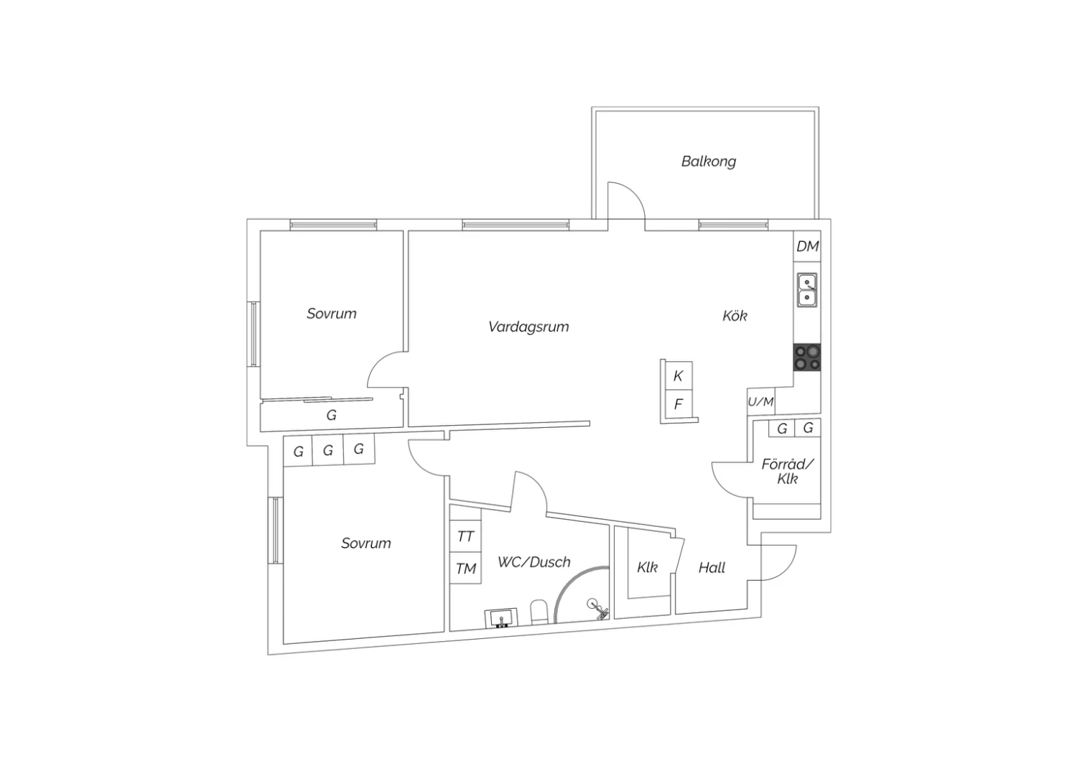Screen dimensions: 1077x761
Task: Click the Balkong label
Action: pyautogui.click(x=708, y=162)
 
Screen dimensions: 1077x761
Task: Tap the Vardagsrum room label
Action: pyautogui.click(x=528, y=327)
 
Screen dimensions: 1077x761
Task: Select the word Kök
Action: pyautogui.click(x=735, y=316)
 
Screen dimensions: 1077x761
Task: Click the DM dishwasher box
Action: pyautogui.click(x=807, y=246)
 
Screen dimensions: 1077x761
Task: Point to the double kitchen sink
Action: pyautogui.click(x=807, y=290)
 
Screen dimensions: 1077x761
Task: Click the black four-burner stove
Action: pyautogui.click(x=807, y=358)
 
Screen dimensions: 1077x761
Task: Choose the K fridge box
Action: pyautogui.click(x=679, y=375)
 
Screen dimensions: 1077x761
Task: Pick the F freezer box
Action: pyautogui.click(x=679, y=403)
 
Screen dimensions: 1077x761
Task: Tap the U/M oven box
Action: pyautogui.click(x=761, y=401)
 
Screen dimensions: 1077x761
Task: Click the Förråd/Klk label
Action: pyautogui.click(x=788, y=472)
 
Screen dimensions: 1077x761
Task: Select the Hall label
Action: pyautogui.click(x=712, y=568)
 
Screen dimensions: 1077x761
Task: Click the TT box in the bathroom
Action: pyautogui.click(x=465, y=536)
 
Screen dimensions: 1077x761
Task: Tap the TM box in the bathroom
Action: pyautogui.click(x=465, y=568)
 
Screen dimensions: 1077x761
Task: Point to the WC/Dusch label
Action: pyautogui.click(x=533, y=562)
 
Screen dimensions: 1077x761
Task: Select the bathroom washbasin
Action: pyautogui.click(x=501, y=617)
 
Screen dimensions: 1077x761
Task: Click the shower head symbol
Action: pyautogui.click(x=597, y=609)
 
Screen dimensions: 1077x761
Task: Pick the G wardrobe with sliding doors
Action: pyautogui.click(x=332, y=414)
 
